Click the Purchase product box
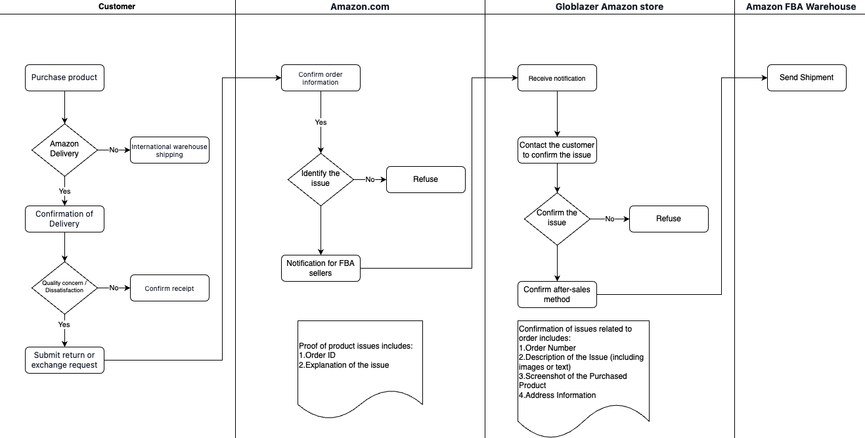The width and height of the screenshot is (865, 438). (x=64, y=77)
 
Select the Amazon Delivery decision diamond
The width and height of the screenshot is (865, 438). (x=64, y=150)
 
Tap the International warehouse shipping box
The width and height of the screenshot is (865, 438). (x=169, y=150)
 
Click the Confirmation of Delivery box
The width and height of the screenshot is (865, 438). (x=64, y=219)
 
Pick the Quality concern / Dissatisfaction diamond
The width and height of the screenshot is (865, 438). (x=64, y=288)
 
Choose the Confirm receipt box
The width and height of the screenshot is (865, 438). (x=169, y=288)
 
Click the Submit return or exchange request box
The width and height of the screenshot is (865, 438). (x=64, y=360)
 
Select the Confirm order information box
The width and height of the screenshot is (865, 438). (x=321, y=77)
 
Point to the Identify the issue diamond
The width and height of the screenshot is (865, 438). (x=321, y=179)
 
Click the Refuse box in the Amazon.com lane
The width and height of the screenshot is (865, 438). (x=426, y=179)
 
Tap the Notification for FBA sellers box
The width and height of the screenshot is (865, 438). (x=321, y=268)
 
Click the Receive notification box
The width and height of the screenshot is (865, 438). (x=557, y=77)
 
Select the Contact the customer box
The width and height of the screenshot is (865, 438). (x=557, y=150)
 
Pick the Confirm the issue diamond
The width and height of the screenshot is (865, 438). (x=557, y=219)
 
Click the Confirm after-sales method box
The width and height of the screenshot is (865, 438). (x=557, y=294)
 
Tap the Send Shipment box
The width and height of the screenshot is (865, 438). (x=807, y=77)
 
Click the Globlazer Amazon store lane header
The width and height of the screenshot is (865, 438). (x=610, y=7)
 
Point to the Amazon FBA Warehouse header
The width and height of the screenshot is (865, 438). (x=801, y=7)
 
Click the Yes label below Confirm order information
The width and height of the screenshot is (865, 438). (x=321, y=122)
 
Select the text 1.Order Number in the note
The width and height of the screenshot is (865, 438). (x=547, y=347)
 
